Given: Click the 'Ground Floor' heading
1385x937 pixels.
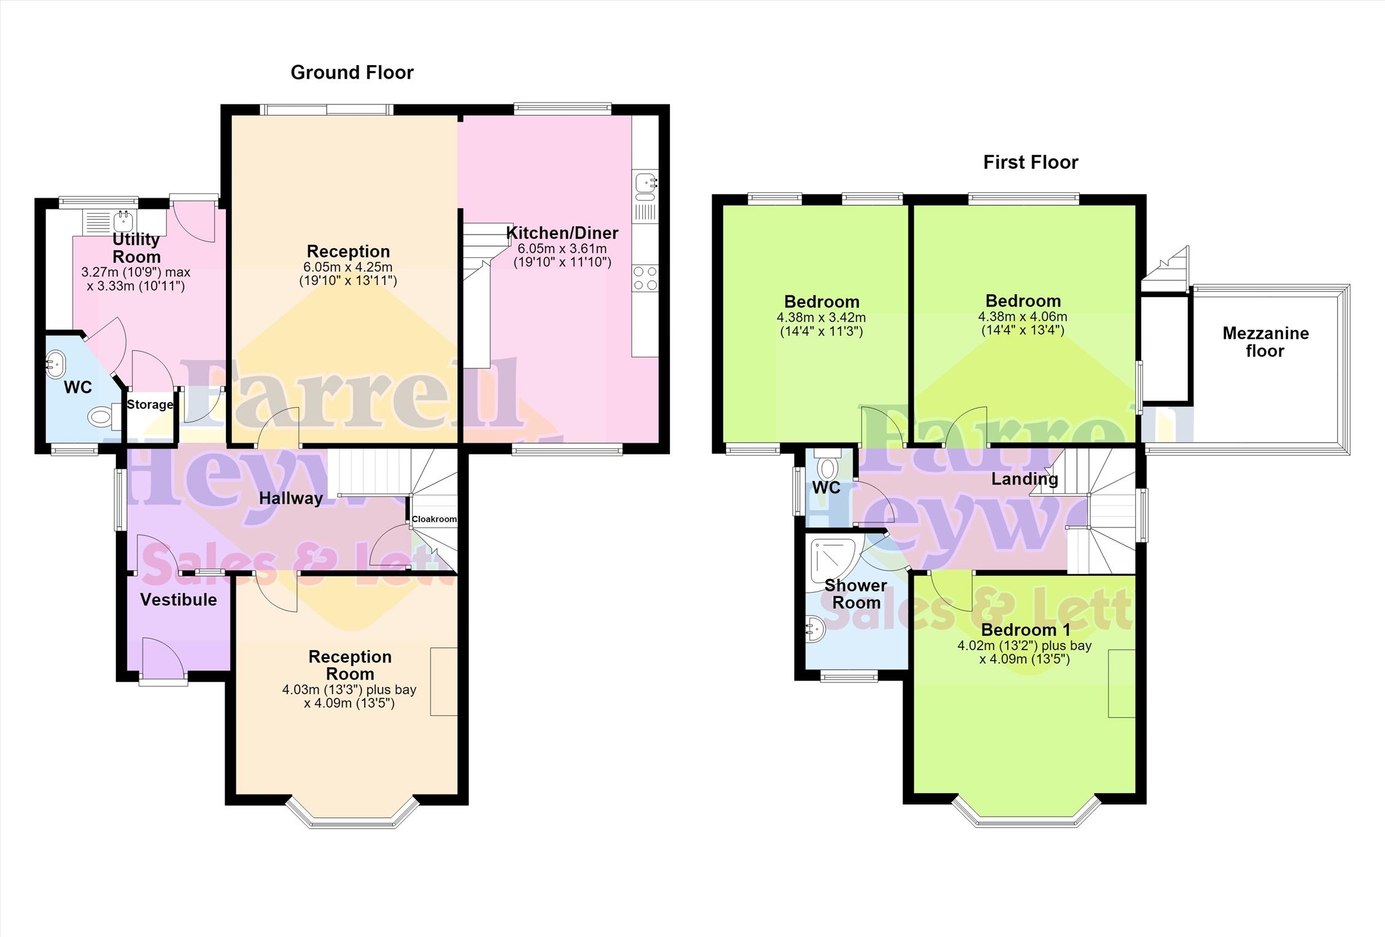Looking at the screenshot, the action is point(352,72).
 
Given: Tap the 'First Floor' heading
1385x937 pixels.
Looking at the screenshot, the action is point(1031,162).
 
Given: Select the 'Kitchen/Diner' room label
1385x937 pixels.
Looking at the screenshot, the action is point(562,233).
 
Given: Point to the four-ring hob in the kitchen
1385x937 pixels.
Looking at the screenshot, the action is point(645,278).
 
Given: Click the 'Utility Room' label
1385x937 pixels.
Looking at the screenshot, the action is point(136,247).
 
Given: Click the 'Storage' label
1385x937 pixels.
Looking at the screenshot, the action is point(150,405).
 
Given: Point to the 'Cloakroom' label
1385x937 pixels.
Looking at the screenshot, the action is point(434,519).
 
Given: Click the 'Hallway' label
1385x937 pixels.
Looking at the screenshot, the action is point(291,498).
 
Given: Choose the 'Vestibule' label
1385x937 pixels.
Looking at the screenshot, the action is point(179,599).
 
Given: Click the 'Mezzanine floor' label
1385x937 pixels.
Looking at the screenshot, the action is point(1265,342).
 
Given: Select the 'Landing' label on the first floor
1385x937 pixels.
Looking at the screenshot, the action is point(1025,479).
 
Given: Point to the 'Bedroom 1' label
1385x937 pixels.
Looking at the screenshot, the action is point(1025,629).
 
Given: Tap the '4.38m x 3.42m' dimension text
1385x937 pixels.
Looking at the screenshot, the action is point(821,318).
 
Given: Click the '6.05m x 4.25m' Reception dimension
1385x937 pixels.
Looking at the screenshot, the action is point(348,267).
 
